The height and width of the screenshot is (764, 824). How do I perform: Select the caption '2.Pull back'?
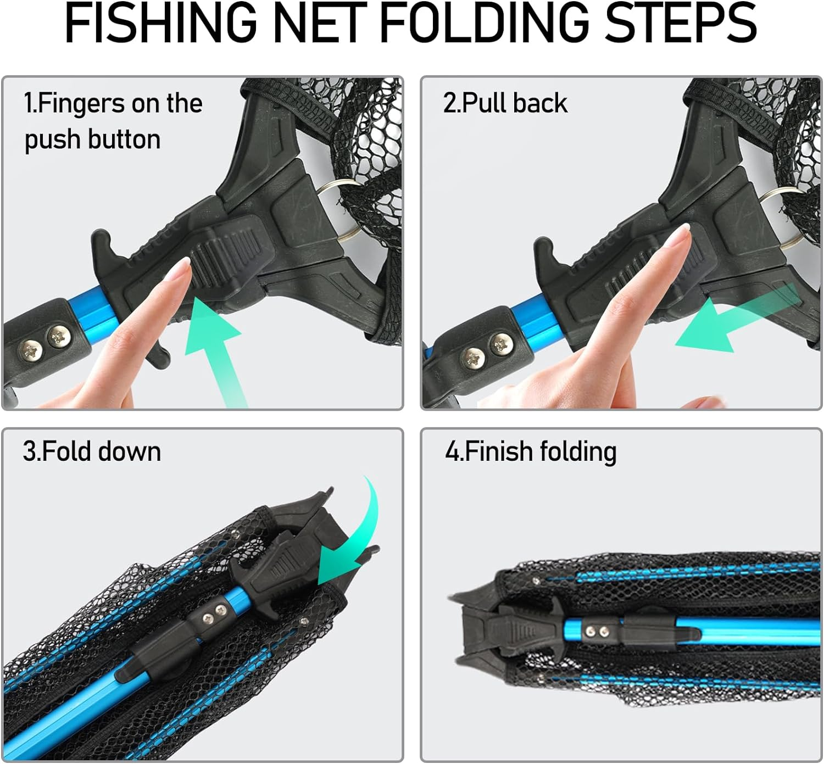(505, 103)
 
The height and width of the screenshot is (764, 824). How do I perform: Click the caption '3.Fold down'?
(92, 451)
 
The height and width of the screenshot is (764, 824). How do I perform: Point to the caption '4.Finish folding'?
(531, 451)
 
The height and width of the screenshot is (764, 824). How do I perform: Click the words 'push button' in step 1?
(92, 140)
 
